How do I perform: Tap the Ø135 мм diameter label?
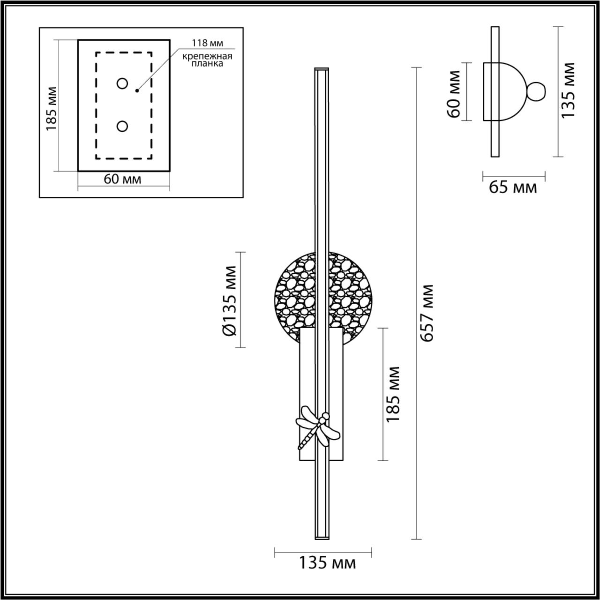coord(230,300)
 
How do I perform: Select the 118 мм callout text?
coord(207,43)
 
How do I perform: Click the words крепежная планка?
coord(208,60)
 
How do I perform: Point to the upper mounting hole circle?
coord(122,83)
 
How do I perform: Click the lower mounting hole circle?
coord(122,126)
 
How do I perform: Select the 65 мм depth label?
coord(513,187)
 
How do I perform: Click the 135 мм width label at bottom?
coord(327,562)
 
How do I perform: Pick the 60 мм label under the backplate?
coord(122,179)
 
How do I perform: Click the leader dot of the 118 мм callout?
coord(137,90)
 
